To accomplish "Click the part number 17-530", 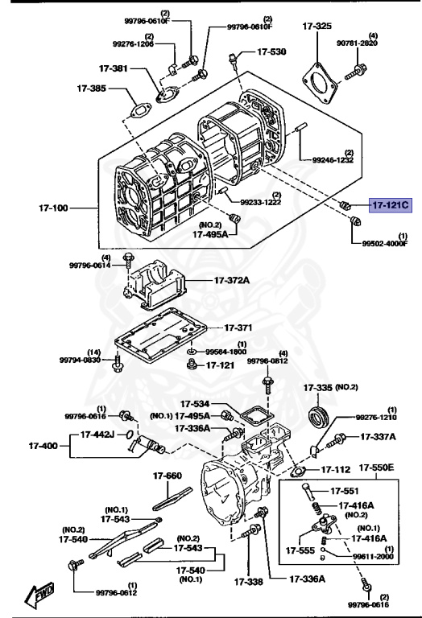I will pos(271,51).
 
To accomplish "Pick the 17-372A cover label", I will pos(231,280).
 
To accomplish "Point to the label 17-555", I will pos(300,551).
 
